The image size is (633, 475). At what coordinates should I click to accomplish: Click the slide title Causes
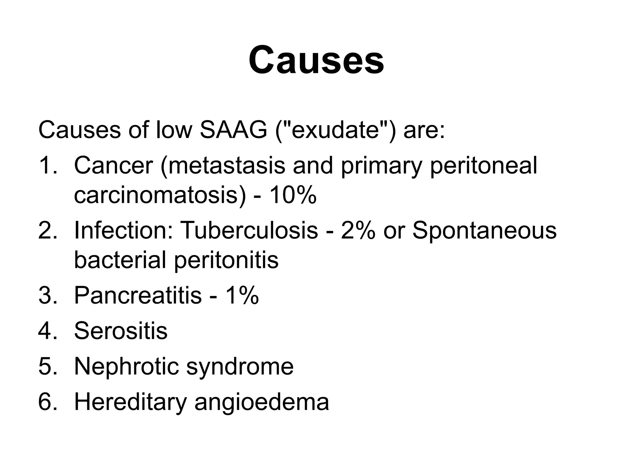[x=316, y=60]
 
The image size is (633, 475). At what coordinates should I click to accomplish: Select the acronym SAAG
[x=233, y=130]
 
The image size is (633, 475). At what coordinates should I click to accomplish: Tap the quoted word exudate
[x=335, y=130]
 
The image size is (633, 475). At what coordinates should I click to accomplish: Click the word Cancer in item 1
[x=113, y=165]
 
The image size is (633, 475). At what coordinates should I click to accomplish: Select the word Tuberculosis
[x=249, y=230]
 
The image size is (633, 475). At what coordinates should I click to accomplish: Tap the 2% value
[x=358, y=230]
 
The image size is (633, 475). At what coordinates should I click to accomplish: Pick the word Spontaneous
[x=484, y=230]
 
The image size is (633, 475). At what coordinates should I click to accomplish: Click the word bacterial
[x=120, y=260]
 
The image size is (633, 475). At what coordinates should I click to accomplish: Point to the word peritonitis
[x=226, y=260]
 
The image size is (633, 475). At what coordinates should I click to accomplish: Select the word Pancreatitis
[x=138, y=295]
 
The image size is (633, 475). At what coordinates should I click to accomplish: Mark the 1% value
[x=242, y=295]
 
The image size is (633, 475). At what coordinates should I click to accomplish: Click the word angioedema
[x=262, y=402]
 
